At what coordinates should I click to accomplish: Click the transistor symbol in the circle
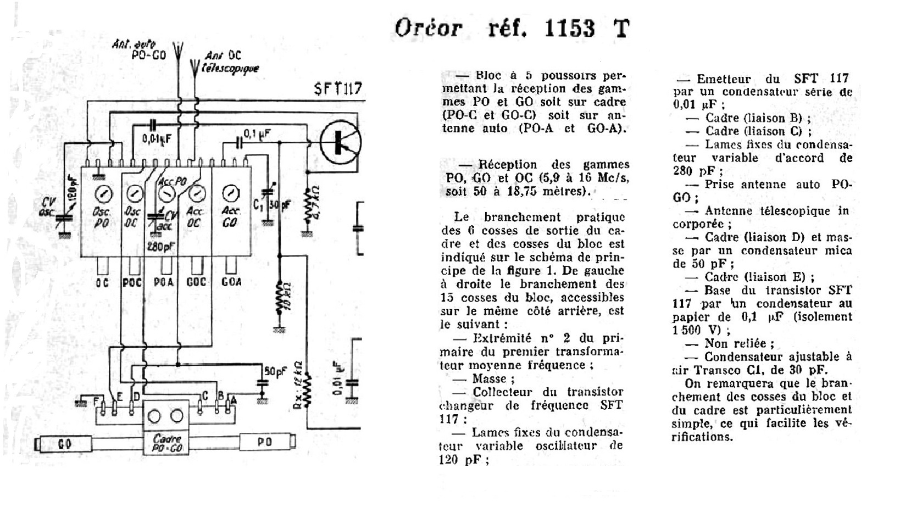coord(341,142)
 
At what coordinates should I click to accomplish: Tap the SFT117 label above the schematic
coord(338,88)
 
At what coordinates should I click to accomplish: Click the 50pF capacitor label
coord(275,371)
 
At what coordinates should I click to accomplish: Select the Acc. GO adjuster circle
coord(231,193)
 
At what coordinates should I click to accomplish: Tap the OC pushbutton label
coord(102,282)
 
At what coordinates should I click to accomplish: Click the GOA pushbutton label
coord(231,282)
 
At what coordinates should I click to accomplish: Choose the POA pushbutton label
coord(164,282)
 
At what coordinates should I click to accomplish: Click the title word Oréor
coord(428,27)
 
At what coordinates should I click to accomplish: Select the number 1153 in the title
coord(569,27)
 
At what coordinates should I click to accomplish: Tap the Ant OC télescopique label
coord(231,62)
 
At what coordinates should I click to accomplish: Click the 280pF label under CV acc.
coord(160,247)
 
